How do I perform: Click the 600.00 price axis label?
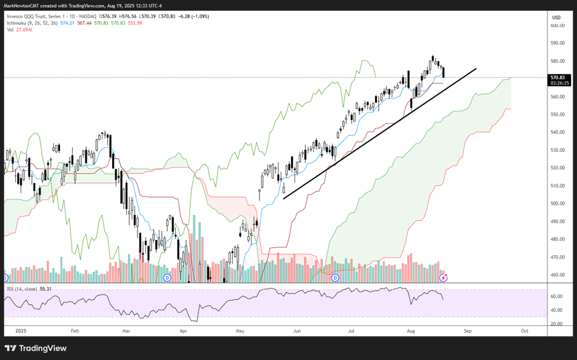pyautogui.click(x=557, y=25)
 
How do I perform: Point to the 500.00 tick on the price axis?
pyautogui.click(x=557, y=203)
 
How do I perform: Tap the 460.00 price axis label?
pyautogui.click(x=557, y=275)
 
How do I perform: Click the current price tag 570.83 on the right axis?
pyautogui.click(x=558, y=78)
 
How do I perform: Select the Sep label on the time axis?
pyautogui.click(x=467, y=332)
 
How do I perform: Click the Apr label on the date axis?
pyautogui.click(x=184, y=332)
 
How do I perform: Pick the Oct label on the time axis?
pyautogui.click(x=524, y=332)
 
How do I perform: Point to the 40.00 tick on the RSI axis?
pyautogui.click(x=557, y=310)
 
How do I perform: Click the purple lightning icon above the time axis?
pyautogui.click(x=444, y=278)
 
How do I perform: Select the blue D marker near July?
pyautogui.click(x=335, y=278)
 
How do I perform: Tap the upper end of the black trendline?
pyautogui.click(x=476, y=68)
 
